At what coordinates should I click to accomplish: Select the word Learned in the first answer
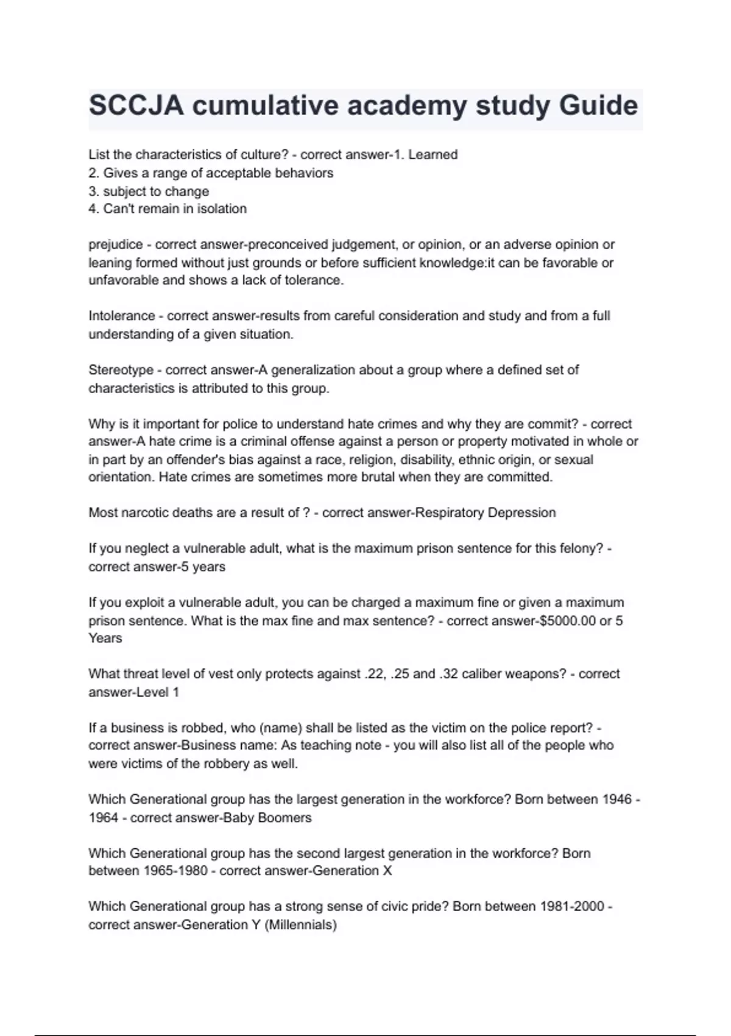coord(433,155)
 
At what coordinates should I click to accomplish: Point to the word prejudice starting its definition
coord(116,245)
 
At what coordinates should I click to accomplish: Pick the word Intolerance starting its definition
coord(122,316)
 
